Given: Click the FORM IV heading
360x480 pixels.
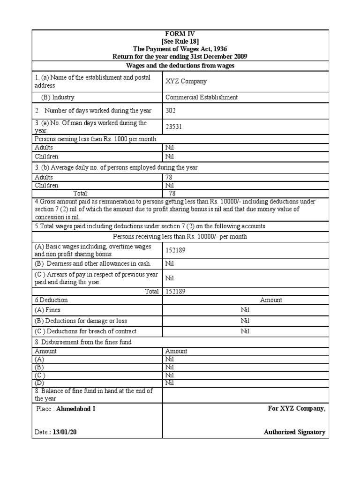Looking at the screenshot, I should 180,34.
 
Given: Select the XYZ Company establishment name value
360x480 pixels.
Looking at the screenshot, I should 186,81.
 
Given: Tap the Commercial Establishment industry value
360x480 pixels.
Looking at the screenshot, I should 202,97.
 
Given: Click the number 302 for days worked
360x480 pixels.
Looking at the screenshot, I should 171,111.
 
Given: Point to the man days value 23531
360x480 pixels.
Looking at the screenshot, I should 174,127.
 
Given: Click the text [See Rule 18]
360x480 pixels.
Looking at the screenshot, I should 180,41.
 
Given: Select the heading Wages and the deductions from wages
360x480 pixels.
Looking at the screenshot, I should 180,66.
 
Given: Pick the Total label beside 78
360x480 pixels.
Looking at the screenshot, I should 81,193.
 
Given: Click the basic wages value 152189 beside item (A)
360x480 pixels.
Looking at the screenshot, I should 175,250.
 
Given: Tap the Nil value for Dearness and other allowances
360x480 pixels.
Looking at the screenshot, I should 170,263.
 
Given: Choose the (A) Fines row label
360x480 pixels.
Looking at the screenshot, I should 47,310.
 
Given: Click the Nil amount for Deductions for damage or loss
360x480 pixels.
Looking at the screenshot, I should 246,321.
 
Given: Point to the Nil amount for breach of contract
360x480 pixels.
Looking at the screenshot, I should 246,331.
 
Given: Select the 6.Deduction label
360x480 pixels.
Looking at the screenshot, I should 51,300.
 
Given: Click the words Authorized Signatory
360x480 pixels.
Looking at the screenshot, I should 294,432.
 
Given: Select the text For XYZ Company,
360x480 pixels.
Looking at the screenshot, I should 296,408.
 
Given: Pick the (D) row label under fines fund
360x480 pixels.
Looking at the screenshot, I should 40,383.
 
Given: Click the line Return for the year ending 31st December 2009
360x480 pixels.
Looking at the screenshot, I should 180,56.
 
